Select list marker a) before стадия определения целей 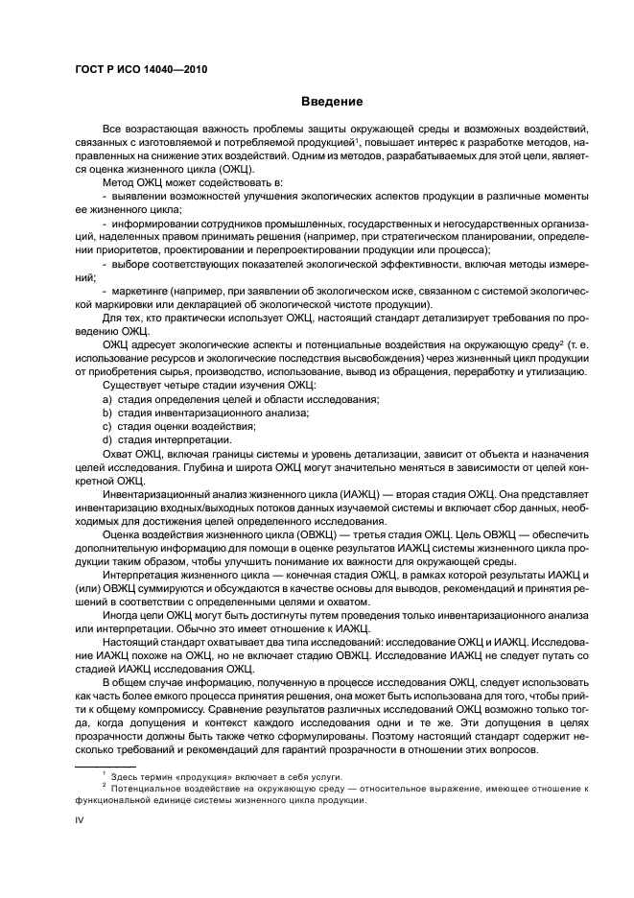tap(106, 398)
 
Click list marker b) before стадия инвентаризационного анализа tap(106, 412)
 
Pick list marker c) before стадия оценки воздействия tap(106, 425)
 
